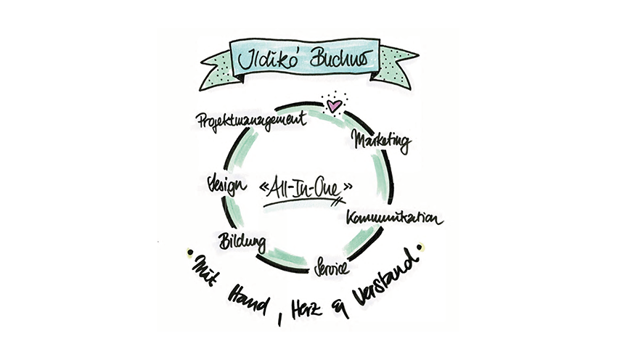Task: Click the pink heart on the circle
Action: pos(333,106)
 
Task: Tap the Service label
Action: pos(331,267)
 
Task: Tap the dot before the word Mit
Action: pos(189,253)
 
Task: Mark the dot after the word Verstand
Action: pos(420,250)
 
